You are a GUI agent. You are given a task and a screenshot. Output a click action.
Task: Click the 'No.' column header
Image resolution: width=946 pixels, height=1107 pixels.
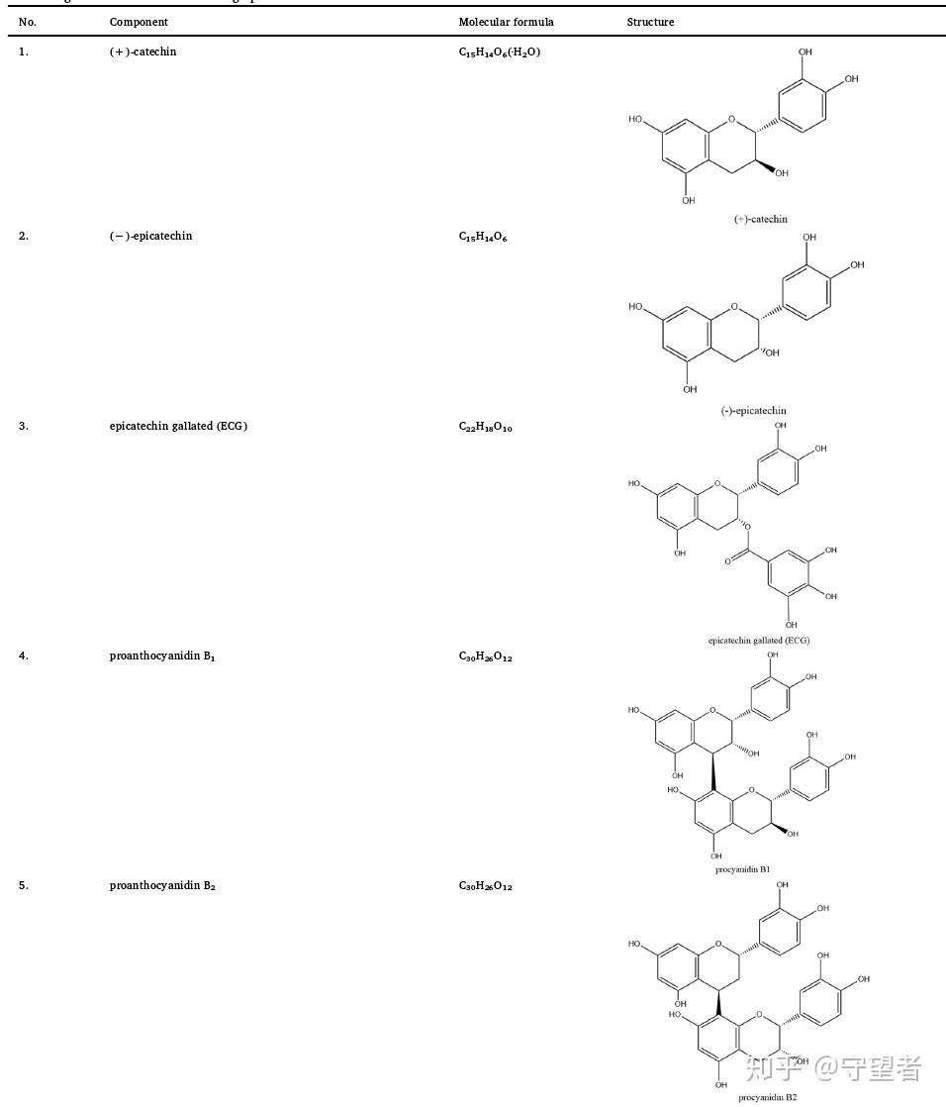coord(28,22)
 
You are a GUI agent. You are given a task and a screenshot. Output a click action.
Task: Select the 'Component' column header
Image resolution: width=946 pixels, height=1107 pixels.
coord(139,22)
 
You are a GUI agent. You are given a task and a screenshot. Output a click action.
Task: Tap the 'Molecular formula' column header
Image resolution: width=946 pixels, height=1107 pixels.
coord(506,22)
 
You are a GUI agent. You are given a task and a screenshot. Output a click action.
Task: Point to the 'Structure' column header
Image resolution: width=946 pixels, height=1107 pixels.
coord(650,22)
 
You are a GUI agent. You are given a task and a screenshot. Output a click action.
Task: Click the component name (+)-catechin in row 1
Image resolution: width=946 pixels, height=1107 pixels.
coord(142,51)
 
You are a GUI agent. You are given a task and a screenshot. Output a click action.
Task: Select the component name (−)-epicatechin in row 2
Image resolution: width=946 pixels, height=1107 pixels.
coord(150,236)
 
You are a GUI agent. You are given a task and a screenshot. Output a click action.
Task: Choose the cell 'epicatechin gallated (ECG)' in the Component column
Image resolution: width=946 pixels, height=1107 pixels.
coord(178,426)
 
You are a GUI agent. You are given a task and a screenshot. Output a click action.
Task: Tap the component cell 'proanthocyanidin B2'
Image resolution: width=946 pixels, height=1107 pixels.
coord(162,885)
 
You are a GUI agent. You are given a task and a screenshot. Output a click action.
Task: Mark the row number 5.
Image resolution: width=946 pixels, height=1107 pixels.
coord(24,885)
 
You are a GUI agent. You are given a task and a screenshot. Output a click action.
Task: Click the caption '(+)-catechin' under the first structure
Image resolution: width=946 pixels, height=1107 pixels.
coord(760,219)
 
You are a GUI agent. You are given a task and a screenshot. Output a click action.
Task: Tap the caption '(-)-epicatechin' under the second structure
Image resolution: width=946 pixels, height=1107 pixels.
coord(753,410)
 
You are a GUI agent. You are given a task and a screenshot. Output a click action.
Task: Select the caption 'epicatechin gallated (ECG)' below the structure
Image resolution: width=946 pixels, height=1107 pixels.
coord(758,640)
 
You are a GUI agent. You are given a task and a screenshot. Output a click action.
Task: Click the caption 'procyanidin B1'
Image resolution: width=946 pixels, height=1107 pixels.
coord(742,868)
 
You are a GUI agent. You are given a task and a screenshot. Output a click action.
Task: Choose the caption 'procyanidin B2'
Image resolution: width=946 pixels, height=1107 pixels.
coord(767,1096)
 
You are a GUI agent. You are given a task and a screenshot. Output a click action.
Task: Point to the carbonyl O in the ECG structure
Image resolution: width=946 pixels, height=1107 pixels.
coord(727,561)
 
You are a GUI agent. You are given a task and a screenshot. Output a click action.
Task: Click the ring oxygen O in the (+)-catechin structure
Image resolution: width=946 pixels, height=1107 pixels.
coord(731,120)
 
